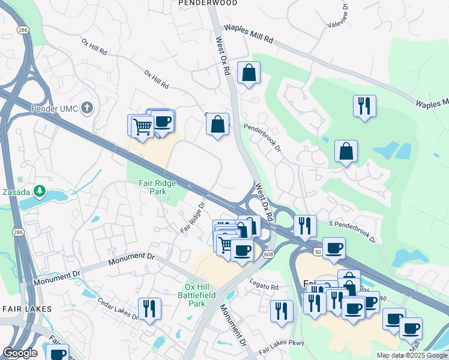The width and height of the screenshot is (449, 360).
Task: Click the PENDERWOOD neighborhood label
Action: (x=208, y=4)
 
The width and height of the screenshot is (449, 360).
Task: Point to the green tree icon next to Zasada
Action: (x=40, y=191)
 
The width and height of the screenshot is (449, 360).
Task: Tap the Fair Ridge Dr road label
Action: (x=193, y=217)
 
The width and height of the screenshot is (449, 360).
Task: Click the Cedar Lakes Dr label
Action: (x=118, y=308)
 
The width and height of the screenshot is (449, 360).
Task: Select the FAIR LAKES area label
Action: (x=27, y=308)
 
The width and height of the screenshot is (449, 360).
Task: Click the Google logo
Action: (x=20, y=353)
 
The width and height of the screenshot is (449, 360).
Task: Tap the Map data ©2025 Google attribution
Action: (x=411, y=355)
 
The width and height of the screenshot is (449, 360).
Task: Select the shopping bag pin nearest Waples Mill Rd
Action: (x=249, y=73)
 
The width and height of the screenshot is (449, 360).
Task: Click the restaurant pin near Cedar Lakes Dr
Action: (x=149, y=308)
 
